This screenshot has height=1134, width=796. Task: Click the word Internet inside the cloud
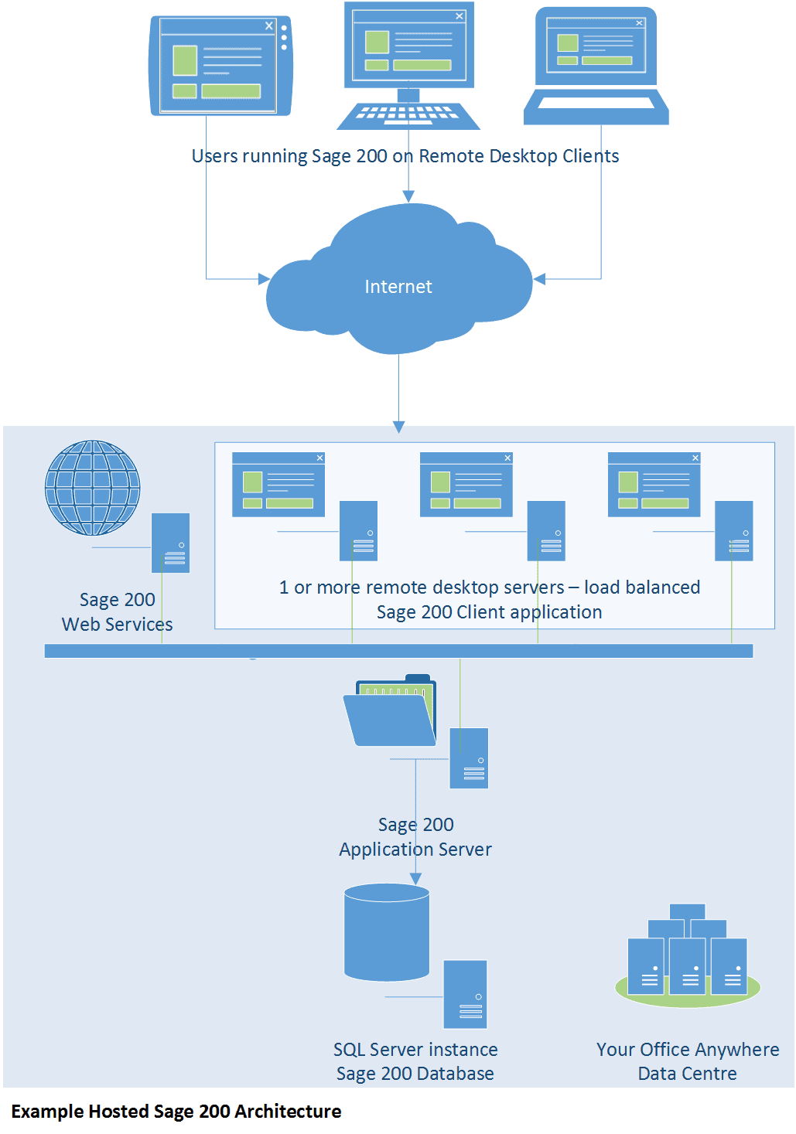[x=398, y=287]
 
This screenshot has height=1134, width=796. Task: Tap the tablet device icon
[x=220, y=66]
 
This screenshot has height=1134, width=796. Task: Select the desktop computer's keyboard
[x=408, y=116]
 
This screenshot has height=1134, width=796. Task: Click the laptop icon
[x=596, y=65]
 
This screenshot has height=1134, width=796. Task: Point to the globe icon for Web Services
[x=92, y=488]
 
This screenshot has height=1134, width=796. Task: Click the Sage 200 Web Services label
[x=117, y=611]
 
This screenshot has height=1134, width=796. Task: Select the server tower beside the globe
[x=171, y=543]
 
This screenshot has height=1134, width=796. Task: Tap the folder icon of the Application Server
[x=390, y=710]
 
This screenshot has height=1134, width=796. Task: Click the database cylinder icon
[x=387, y=932]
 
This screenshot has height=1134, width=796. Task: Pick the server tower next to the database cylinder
[x=465, y=994]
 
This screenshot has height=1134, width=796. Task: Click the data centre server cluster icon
[x=688, y=955]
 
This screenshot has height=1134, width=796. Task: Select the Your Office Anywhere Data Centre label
[x=688, y=1061]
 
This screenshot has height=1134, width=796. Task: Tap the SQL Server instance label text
[x=415, y=1050]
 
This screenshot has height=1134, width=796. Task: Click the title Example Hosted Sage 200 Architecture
[x=176, y=1112]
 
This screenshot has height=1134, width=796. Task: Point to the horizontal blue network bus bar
[x=398, y=651]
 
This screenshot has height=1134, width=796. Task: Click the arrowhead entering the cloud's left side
[x=264, y=278]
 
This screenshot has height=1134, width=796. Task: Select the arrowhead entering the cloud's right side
[x=539, y=278]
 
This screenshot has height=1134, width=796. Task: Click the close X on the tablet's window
[x=269, y=26]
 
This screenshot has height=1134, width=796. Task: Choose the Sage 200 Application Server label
[x=415, y=837]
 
